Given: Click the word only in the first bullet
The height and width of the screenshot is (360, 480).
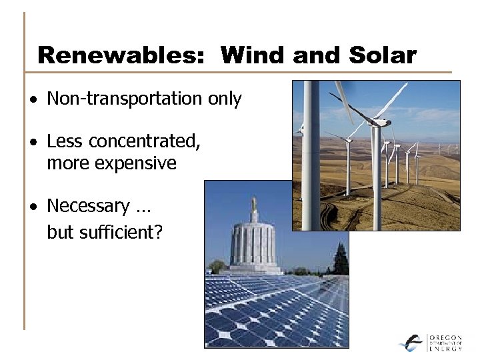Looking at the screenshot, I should pos(225,99).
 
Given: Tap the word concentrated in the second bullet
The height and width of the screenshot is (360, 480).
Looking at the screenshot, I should pos(144,141).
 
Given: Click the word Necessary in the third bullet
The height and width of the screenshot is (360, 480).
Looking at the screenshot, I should pos(88,206).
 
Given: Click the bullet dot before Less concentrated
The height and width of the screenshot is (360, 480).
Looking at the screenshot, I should pos(34,142).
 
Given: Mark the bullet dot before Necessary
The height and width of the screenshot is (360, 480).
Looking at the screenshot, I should pos(34,207).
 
